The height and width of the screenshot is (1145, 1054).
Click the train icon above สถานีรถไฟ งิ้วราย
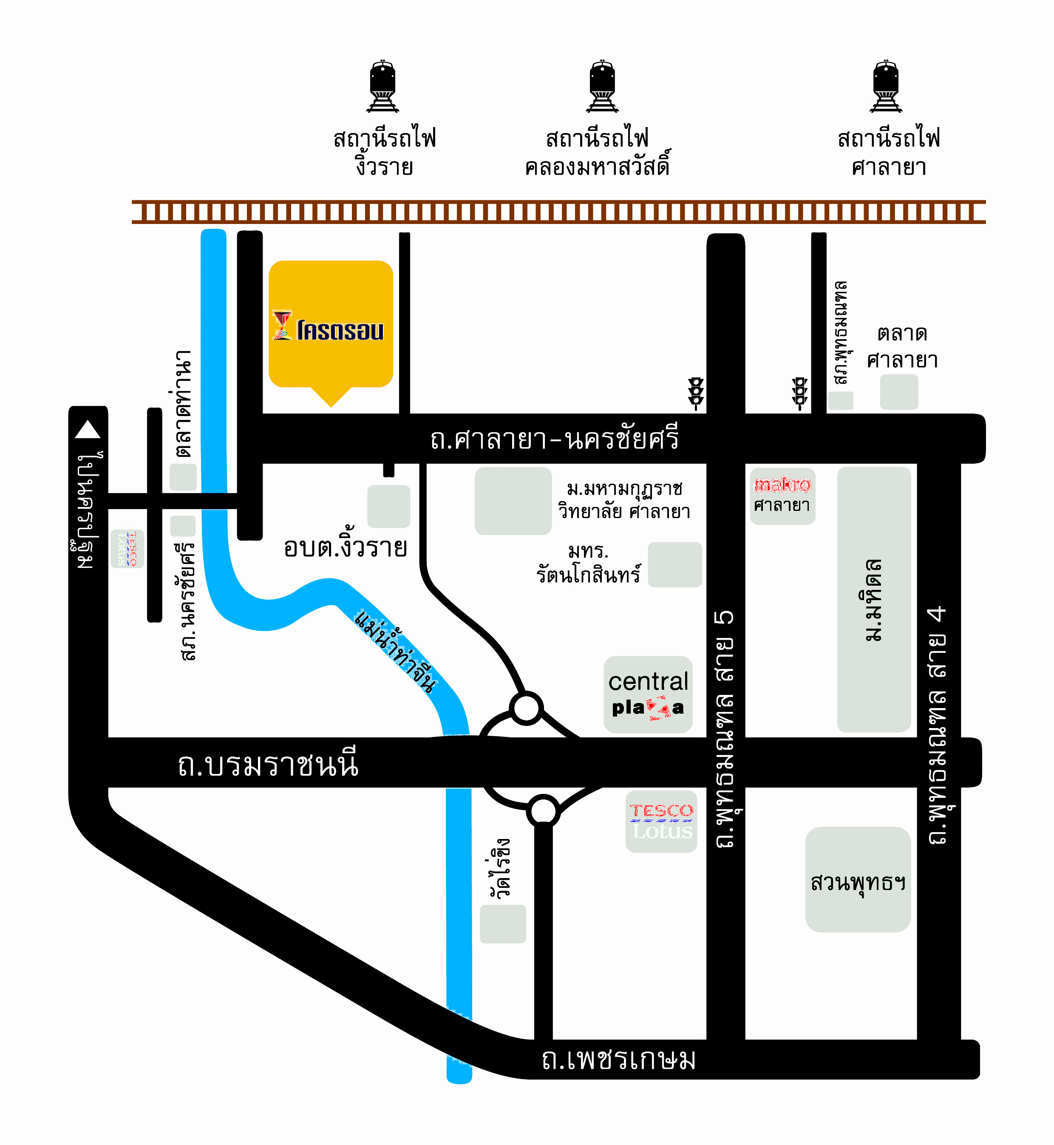(382, 86)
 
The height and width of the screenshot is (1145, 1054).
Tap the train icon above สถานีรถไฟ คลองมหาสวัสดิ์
(602, 86)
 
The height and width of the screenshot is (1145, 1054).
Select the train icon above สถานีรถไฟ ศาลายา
(886, 86)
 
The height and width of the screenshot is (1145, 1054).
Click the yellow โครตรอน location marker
(331, 325)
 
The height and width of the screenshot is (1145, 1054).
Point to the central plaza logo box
(648, 694)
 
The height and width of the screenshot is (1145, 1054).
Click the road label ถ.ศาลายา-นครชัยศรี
(554, 439)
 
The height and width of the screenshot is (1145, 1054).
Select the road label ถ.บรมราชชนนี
(268, 764)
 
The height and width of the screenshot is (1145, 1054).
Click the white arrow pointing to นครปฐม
(88, 429)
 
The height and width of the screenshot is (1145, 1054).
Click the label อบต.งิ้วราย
(346, 548)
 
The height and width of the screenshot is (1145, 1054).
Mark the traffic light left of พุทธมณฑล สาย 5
(696, 394)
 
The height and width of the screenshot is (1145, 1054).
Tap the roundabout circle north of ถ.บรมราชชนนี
(526, 708)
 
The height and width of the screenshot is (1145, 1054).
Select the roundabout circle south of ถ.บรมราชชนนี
(543, 810)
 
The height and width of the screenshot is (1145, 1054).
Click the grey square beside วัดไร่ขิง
(502, 924)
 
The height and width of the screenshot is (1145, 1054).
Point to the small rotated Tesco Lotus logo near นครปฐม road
(127, 549)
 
